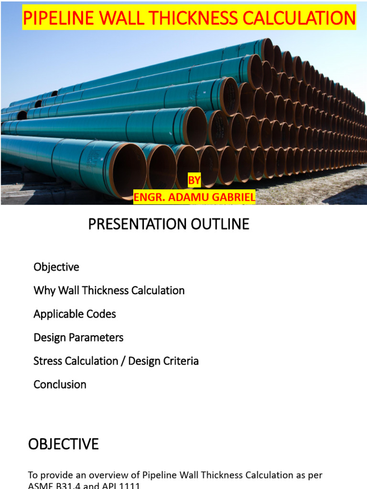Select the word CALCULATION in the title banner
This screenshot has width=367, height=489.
[302, 18]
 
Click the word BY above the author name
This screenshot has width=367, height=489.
[194, 181]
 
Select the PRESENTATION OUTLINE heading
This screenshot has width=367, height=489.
[169, 224]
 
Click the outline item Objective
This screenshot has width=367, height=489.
[56, 267]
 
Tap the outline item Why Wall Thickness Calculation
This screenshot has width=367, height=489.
[109, 290]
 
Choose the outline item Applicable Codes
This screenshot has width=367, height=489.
[75, 314]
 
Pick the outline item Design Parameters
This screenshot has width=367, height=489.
[78, 338]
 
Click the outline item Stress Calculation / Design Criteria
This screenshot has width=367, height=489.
[116, 361]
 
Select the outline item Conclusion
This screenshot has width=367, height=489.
[60, 384]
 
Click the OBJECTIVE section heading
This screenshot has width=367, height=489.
[63, 444]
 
